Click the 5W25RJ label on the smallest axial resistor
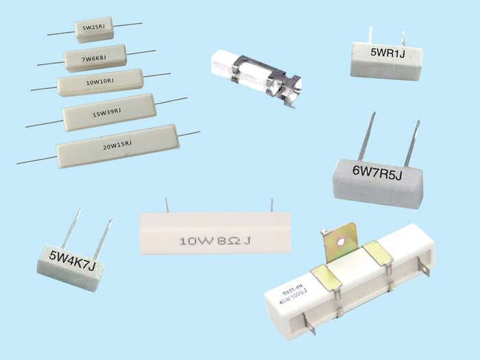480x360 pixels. coord(93,28)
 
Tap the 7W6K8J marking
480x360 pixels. coord(95,58)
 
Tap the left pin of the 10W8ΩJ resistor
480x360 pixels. coord(167,205)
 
